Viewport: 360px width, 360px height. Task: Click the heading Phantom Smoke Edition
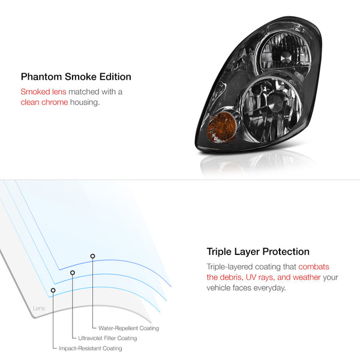76,77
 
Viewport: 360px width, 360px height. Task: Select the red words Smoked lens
43,92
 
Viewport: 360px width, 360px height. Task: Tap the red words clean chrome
44,102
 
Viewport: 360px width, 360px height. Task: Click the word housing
85,103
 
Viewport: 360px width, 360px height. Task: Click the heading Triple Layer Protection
258,251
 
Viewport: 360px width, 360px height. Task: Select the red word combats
314,267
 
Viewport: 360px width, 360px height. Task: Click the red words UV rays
260,277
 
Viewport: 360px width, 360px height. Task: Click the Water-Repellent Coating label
128,328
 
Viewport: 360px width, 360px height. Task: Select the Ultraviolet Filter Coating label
107,338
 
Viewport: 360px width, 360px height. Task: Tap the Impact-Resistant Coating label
91,348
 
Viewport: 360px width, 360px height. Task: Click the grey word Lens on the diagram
39,308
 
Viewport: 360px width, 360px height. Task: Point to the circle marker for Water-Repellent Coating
92,256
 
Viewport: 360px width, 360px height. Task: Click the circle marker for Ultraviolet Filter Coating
73,272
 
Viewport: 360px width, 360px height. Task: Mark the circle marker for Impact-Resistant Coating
53,290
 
